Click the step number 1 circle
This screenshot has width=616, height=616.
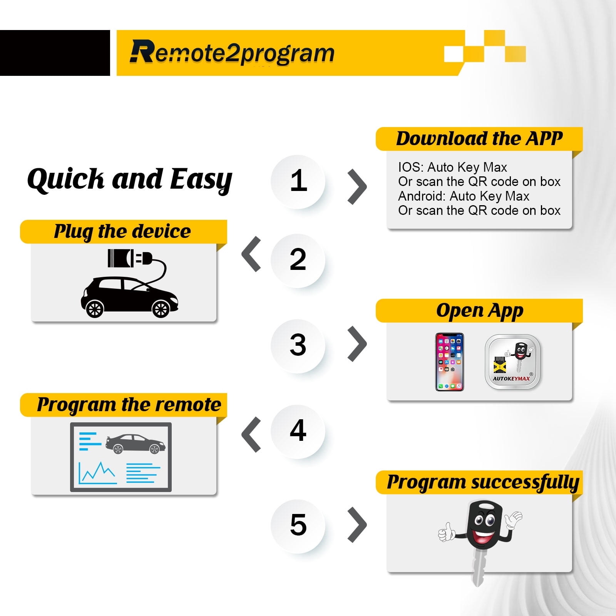(298, 182)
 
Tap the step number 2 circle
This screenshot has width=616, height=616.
(298, 261)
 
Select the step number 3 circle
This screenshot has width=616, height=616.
(298, 346)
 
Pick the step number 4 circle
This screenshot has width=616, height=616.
(298, 431)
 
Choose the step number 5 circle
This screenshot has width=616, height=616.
(298, 526)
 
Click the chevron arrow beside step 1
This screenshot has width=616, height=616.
(357, 187)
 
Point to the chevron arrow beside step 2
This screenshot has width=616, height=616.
(251, 254)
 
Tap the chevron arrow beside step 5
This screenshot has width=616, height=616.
(357, 525)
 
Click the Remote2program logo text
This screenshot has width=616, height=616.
(232, 52)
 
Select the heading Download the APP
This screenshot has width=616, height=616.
(479, 139)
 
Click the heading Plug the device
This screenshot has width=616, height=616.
(122, 232)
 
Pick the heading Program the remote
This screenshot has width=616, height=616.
(129, 405)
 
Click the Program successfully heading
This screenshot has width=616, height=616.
(483, 482)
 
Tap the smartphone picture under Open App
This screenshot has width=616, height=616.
(449, 362)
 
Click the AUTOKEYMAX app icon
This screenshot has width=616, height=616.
(512, 362)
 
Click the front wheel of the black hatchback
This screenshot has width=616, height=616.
(161, 309)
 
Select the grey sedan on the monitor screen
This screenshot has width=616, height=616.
(135, 444)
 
